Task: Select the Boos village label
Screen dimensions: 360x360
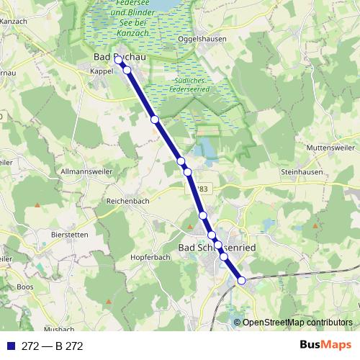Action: tap(25, 287)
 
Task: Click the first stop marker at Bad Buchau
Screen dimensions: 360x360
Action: tap(118, 60)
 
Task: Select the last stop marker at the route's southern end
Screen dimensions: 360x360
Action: tap(242, 280)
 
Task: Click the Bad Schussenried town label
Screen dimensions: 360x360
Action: tap(216, 247)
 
